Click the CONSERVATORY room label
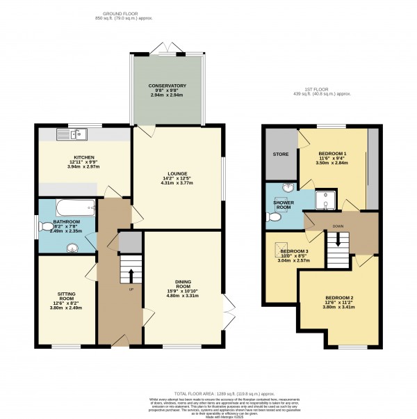click(167, 86)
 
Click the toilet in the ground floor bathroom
click(47, 226)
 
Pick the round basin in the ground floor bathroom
click(72, 245)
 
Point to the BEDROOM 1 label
click(332, 153)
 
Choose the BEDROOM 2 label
click(339, 299)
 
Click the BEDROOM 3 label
click(294, 251)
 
